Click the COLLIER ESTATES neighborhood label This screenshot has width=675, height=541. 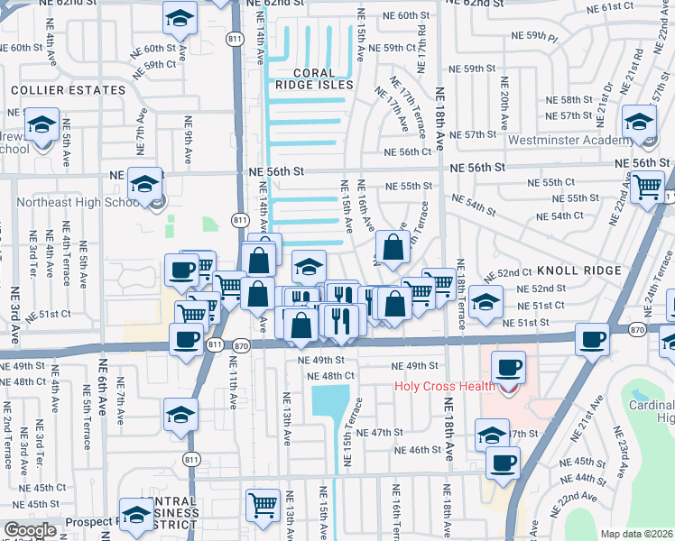(x=68, y=90)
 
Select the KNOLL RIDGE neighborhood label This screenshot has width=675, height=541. (x=578, y=270)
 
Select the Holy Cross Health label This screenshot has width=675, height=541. (x=445, y=387)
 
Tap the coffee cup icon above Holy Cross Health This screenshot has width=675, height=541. (x=507, y=367)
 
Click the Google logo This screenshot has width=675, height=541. (x=29, y=530)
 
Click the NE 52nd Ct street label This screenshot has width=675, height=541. (x=513, y=272)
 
